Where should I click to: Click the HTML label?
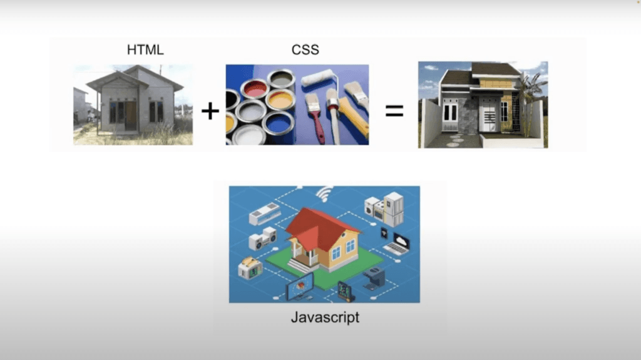tap(145, 50)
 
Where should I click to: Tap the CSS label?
tap(305, 50)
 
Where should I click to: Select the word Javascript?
tap(325, 317)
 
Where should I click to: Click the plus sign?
tap(210, 111)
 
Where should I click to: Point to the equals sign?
tap(394, 111)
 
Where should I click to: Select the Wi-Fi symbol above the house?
tap(325, 193)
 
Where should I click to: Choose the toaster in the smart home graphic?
tap(250, 267)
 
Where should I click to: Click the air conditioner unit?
tap(265, 213)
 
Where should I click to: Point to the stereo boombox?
tap(262, 239)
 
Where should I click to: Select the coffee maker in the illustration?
tap(374, 278)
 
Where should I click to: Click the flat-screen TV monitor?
tap(300, 286)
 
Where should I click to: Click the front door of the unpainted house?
tap(131, 116)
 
